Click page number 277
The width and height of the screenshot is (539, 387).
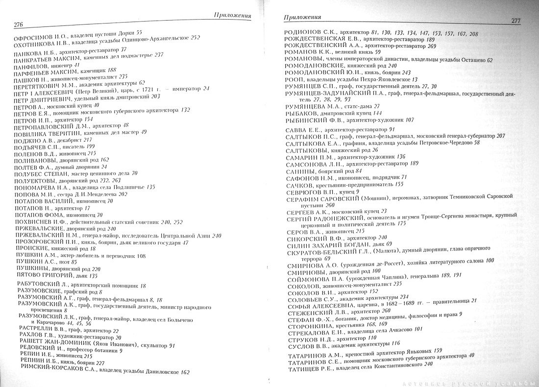pyautogui.click(x=515, y=21)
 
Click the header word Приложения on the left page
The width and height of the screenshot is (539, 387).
pyautogui.click(x=233, y=15)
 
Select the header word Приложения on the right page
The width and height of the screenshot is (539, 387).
pyautogui.click(x=302, y=17)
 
